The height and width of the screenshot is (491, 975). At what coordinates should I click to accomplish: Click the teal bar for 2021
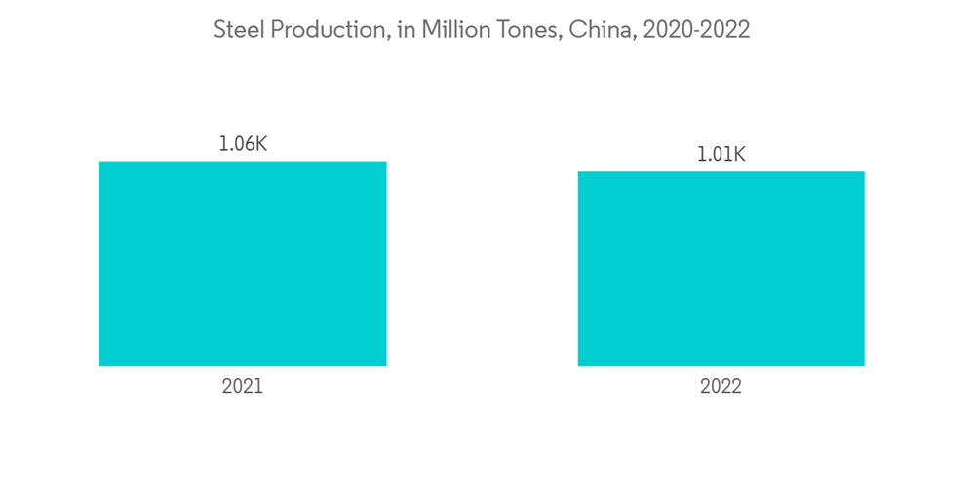pos(243,264)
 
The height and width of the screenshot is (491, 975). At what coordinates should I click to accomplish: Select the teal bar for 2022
pos(721,269)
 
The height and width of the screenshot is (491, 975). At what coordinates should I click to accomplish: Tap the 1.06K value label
pos(243,144)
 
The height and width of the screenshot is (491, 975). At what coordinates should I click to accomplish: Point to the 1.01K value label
pos(721,154)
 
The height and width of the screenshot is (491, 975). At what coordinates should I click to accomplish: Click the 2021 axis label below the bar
pos(243,387)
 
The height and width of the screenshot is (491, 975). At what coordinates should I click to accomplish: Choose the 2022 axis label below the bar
pos(721,387)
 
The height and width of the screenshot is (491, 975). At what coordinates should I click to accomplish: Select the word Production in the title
pos(328,30)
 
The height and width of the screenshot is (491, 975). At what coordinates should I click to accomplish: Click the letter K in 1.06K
pos(259,144)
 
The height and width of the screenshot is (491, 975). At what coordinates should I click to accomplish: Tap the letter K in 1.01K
pos(738,154)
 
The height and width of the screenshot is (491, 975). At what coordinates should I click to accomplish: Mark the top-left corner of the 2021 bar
pos(100,163)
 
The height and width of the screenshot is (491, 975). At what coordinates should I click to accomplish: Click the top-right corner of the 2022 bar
pos(863,173)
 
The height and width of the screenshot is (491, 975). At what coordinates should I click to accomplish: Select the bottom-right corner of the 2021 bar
pos(385,365)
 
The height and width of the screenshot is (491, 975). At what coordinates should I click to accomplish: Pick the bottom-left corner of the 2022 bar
pos(579,365)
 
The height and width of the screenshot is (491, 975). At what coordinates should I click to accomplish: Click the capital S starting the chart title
pos(220,30)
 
